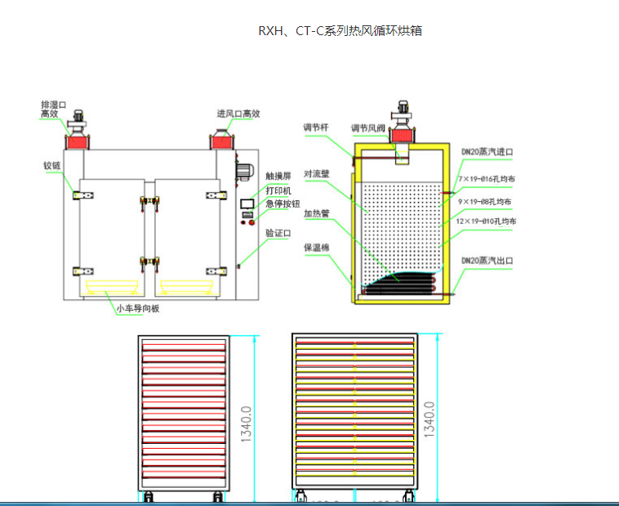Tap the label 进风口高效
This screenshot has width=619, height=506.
coord(238,114)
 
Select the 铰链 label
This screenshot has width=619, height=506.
coord(52,166)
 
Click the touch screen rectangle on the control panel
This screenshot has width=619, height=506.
coord(246,203)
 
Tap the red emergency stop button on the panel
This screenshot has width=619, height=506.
coord(252,222)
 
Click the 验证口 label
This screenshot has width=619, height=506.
coord(278,233)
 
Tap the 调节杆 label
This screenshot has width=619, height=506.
coord(315,128)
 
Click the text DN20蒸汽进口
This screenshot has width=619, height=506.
coord(487,152)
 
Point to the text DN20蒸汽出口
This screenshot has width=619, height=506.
coord(487,261)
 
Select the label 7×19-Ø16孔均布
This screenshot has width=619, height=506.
coord(487,178)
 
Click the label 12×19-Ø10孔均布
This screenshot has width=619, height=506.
coord(487,222)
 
